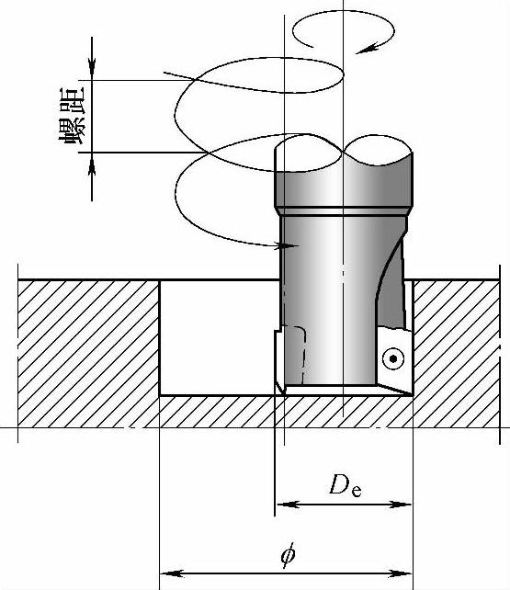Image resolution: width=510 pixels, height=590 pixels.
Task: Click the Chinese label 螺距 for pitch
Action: click(x=72, y=116)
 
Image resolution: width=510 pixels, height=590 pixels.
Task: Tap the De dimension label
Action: click(x=346, y=485)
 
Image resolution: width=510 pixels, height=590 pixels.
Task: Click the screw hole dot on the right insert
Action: click(x=393, y=358)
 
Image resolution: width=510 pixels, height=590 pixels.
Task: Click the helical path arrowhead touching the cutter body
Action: click(x=289, y=246)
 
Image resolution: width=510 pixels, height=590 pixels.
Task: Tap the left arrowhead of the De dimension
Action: click(x=289, y=505)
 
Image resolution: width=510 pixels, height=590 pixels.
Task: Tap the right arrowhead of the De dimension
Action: click(x=401, y=505)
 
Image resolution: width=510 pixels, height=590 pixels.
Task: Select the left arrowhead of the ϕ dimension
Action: click(x=172, y=574)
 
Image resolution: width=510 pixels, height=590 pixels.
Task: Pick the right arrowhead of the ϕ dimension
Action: click(x=401, y=574)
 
